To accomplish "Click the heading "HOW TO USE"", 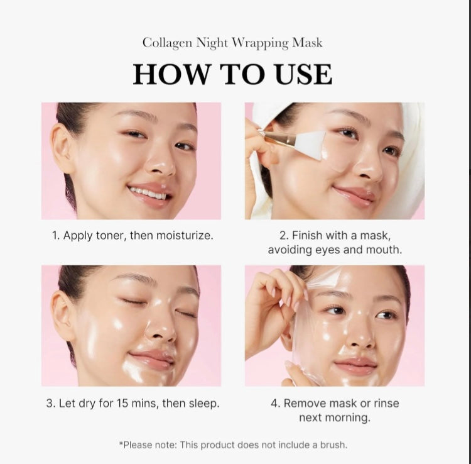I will [x=232, y=74].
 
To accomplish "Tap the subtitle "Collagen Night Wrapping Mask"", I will [x=232, y=43].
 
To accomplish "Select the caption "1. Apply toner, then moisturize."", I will [x=132, y=236].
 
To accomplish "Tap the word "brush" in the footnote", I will [x=331, y=445].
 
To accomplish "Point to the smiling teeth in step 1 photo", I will [x=149, y=193].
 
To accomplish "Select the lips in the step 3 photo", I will [x=151, y=358].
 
